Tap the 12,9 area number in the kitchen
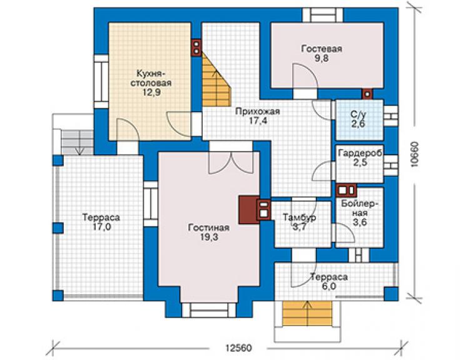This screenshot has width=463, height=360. [152, 93]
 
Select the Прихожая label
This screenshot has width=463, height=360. [258, 111]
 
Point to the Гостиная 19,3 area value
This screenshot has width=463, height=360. [209, 237]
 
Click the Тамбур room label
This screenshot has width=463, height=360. [300, 217]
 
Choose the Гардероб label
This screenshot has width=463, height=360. [360, 153]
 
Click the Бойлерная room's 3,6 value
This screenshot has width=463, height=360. [360, 222]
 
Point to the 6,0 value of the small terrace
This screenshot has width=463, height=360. [329, 286]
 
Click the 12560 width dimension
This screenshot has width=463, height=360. [238, 347]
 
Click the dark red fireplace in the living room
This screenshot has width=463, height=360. [249, 210]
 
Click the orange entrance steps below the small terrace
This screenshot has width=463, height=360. [307, 313]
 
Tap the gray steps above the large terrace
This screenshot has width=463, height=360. [77, 143]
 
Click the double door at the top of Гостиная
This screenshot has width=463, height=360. [231, 163]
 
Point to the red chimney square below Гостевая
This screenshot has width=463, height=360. [367, 94]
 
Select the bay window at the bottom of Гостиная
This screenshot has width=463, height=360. [209, 310]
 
